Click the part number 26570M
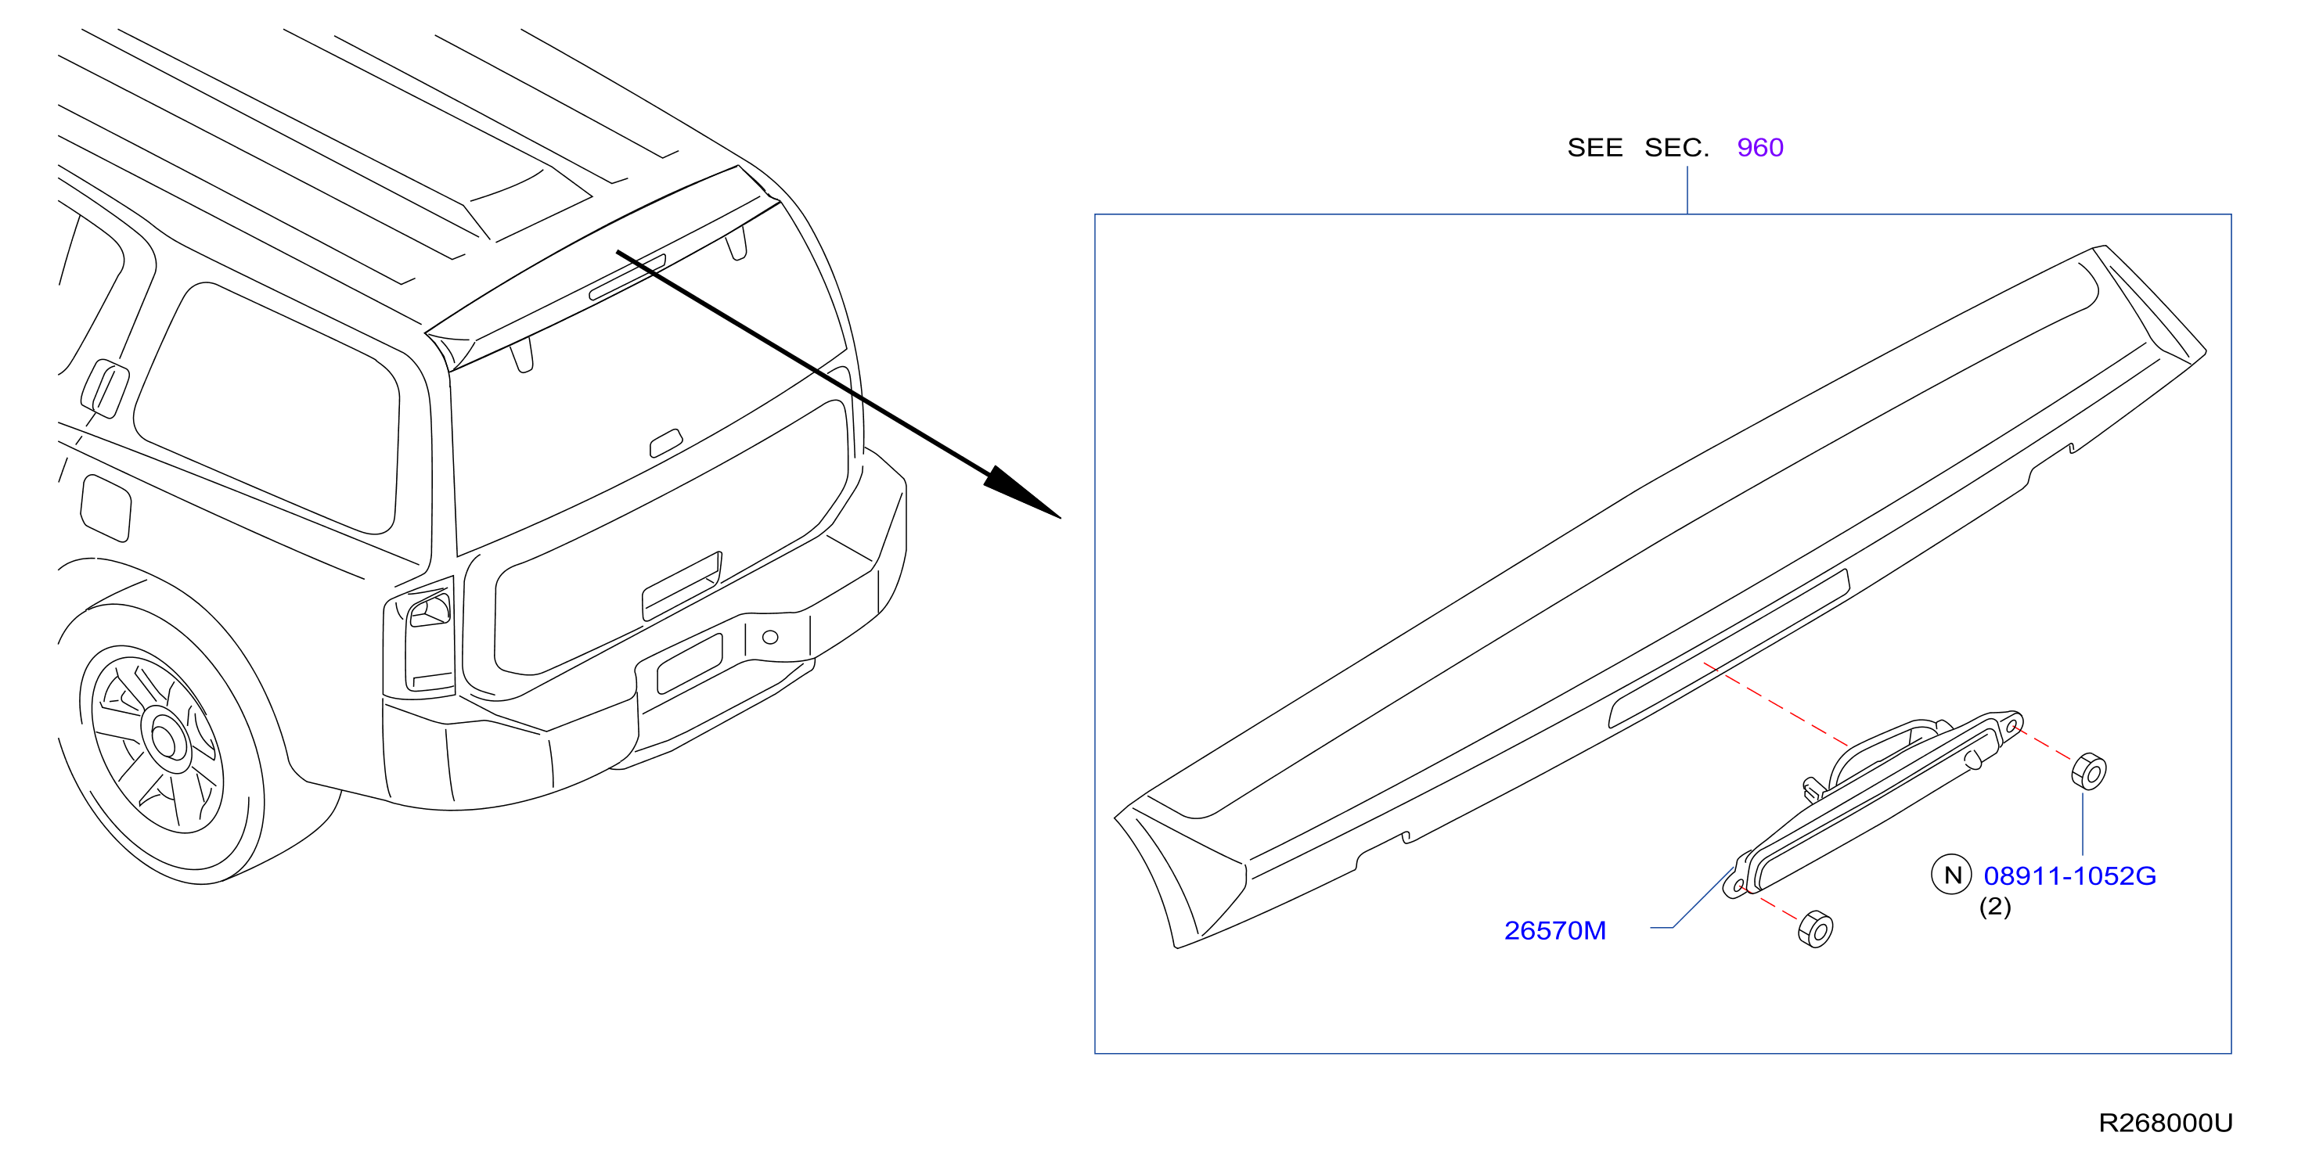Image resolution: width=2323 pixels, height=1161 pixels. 1554,930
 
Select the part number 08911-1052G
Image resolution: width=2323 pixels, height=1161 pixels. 2069,875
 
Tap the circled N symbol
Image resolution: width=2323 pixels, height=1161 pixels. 1951,875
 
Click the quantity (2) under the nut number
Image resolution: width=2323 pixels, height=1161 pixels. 1995,906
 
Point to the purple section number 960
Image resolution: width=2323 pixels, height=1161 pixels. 1759,147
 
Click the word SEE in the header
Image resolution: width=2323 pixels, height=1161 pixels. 1594,147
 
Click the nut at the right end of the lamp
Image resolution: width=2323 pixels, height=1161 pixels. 2088,771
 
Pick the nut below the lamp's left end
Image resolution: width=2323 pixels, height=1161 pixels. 1815,929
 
